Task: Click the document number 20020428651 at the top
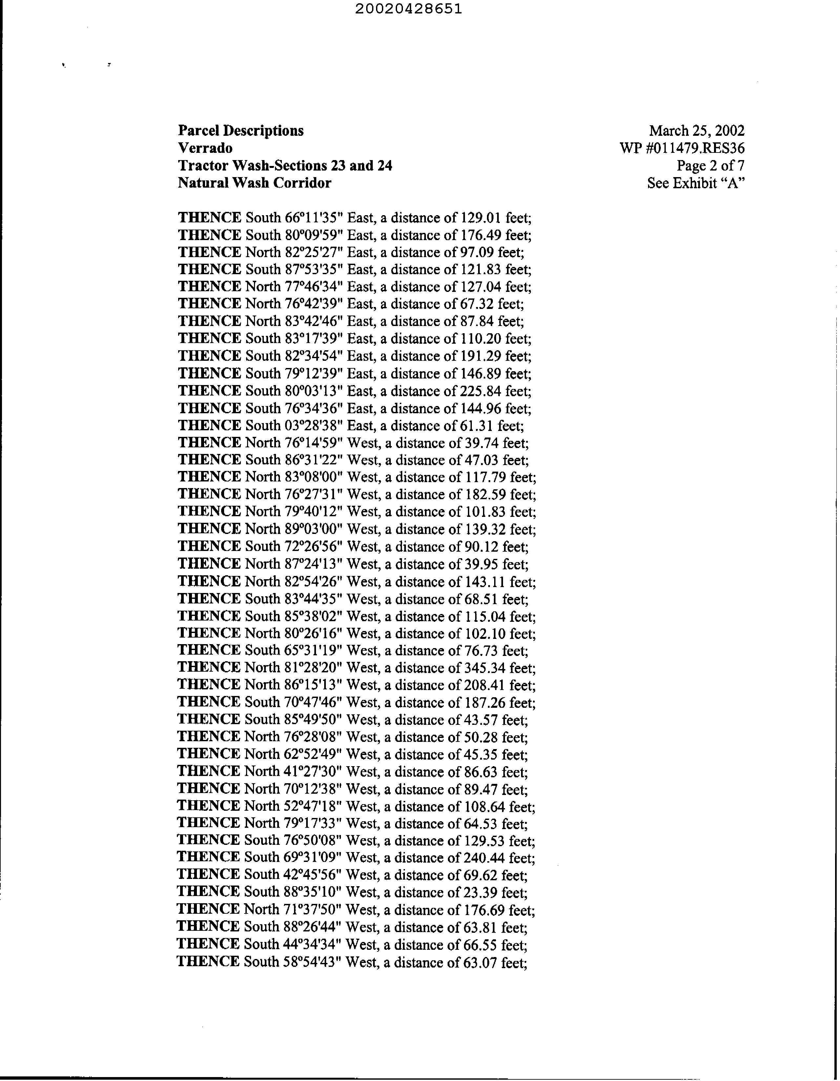tap(409, 9)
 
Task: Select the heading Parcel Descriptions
tap(241, 131)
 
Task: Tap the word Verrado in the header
tap(205, 148)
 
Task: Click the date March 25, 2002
tap(696, 131)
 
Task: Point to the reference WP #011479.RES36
tap(682, 148)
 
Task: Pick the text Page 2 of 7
tap(710, 165)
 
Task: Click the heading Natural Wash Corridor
tap(255, 183)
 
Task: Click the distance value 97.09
tap(476, 253)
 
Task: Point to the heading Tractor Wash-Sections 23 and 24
tap(285, 165)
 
